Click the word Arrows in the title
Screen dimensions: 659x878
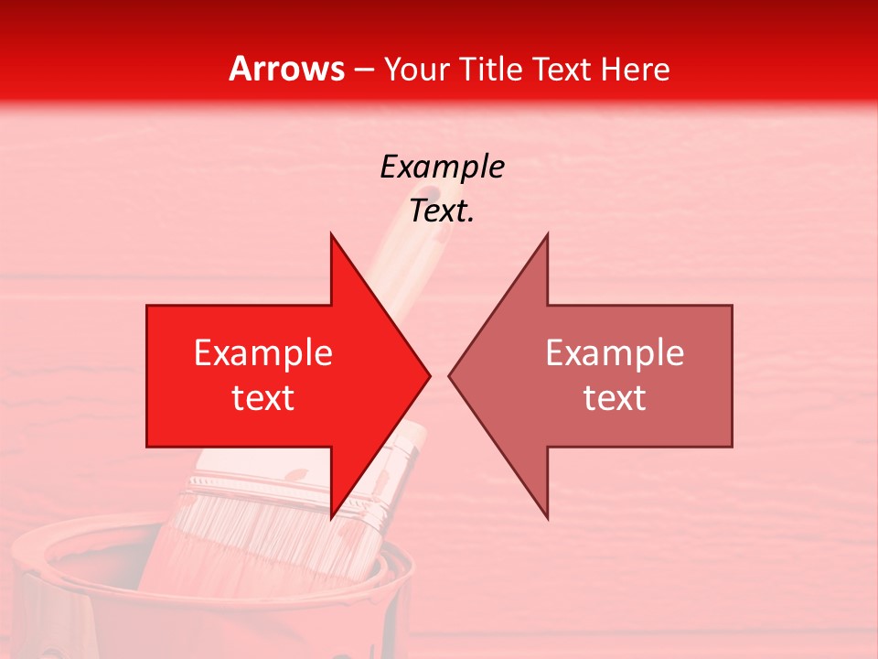tap(286, 69)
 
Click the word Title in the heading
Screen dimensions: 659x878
tap(491, 69)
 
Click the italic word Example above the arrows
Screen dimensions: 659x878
tap(442, 167)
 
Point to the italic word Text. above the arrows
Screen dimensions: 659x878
tap(442, 211)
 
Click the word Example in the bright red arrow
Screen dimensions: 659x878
tap(263, 353)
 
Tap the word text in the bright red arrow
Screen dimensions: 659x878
tap(263, 398)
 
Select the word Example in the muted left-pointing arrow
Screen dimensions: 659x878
tap(615, 353)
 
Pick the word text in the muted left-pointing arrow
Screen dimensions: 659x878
tap(615, 398)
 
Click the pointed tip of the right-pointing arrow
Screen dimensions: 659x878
tap(430, 375)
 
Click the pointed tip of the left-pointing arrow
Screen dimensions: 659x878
tap(449, 375)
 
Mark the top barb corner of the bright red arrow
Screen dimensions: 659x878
tap(331, 234)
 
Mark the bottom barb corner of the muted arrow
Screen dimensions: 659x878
tap(547, 518)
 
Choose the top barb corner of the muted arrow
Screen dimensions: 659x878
tap(547, 234)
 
